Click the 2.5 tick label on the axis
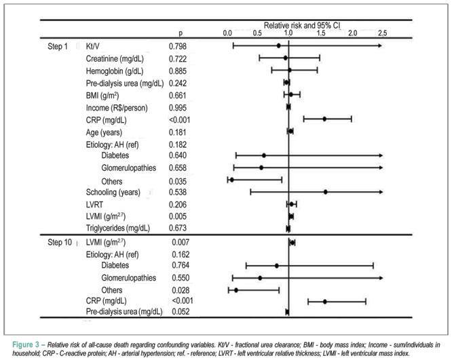[383, 33]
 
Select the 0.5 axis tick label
[257, 33]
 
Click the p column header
[181, 33]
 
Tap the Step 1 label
[58, 46]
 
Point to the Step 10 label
[60, 243]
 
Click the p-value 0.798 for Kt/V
[178, 46]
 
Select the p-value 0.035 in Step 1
[178, 182]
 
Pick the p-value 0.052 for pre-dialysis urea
[181, 312]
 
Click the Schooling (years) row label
[113, 193]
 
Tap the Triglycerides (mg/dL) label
[118, 228]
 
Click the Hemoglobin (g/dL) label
[115, 71]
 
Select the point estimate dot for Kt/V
[278, 45]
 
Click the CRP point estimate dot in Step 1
[324, 119]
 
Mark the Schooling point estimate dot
[326, 192]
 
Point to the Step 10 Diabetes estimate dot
[277, 266]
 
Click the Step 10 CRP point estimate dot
[325, 302]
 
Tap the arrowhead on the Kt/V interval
[380, 45]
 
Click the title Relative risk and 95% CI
[302, 25]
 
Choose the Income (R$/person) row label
[117, 108]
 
